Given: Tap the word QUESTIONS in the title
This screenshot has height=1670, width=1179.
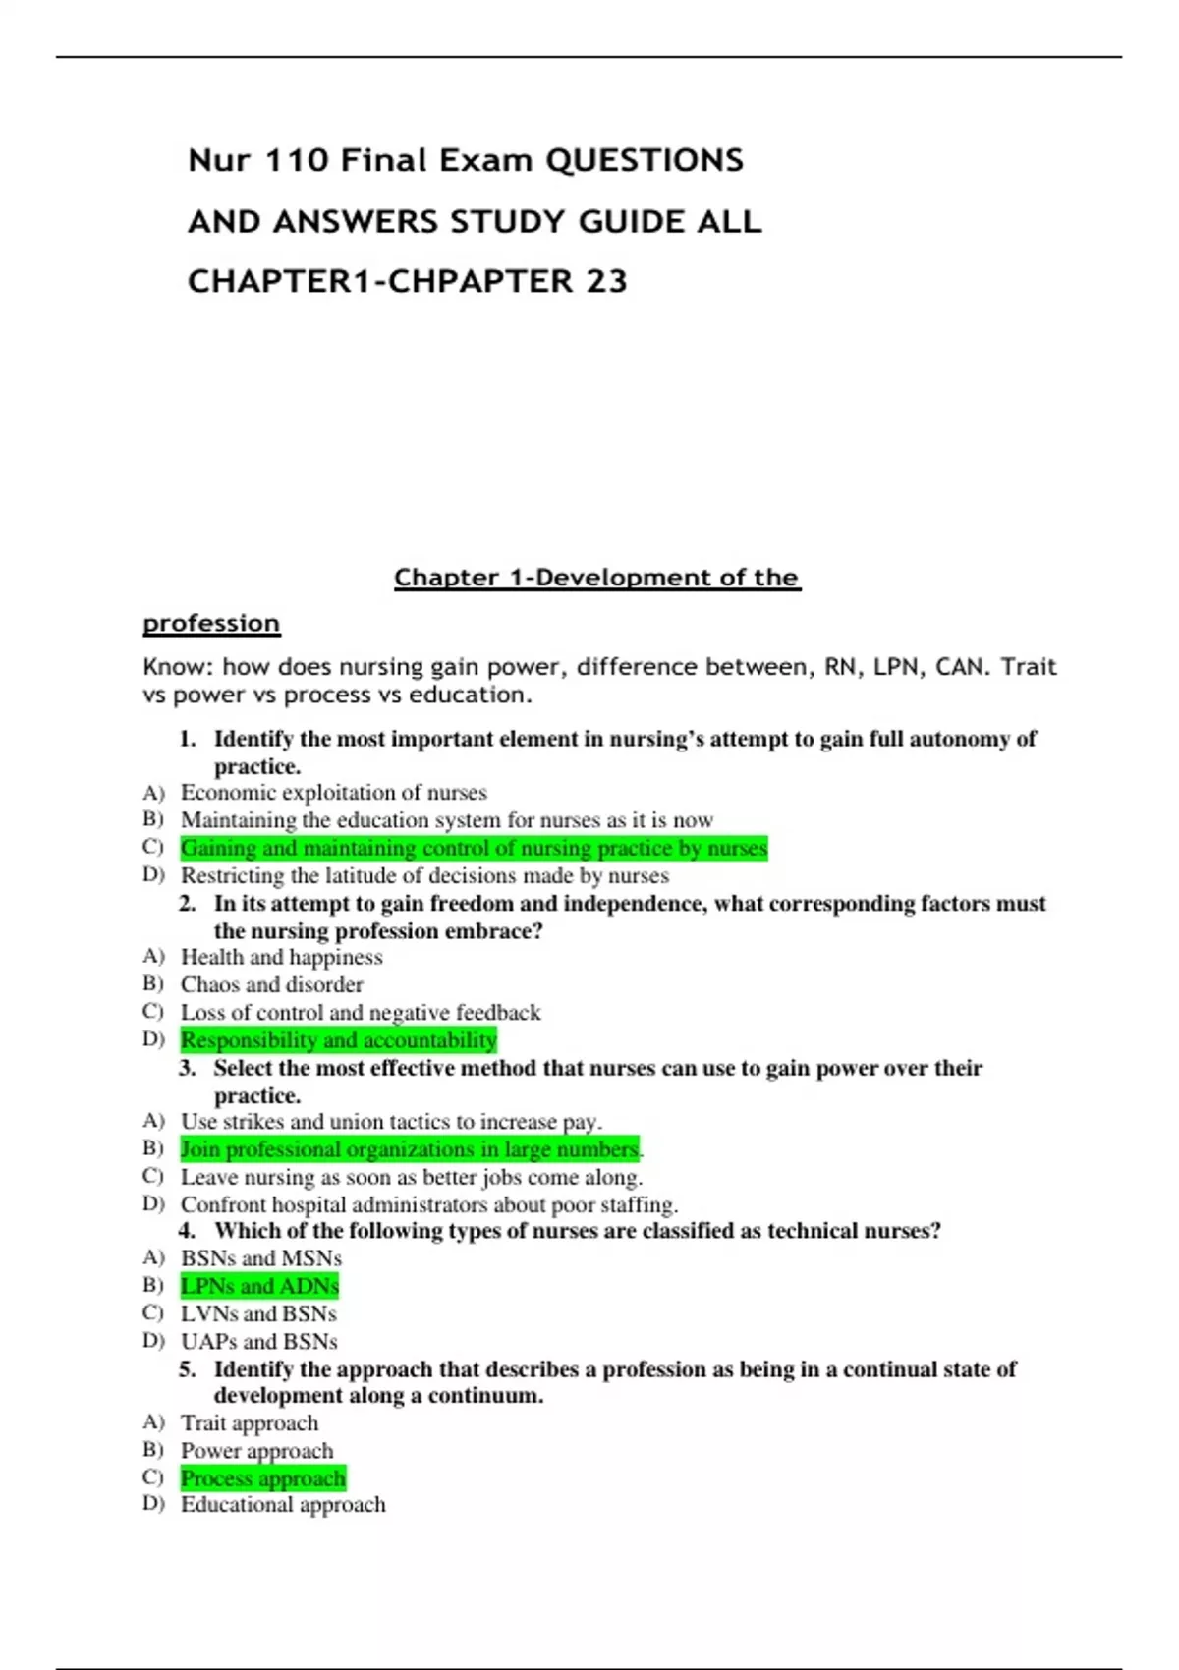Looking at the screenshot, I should [x=645, y=160].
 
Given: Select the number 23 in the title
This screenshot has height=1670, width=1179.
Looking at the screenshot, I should [x=606, y=282].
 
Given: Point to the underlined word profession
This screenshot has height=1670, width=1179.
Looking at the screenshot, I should [x=211, y=624].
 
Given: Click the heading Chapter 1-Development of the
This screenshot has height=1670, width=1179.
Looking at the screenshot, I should [x=597, y=578].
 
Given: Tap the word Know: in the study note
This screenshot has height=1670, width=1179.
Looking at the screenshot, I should [x=178, y=667].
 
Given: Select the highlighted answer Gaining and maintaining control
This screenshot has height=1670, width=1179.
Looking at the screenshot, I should [x=474, y=848].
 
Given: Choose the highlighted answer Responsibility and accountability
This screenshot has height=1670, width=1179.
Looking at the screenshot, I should [x=338, y=1040].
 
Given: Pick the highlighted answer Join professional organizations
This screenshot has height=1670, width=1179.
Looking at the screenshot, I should [x=409, y=1149].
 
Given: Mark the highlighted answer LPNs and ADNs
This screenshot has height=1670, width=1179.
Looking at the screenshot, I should [x=259, y=1286].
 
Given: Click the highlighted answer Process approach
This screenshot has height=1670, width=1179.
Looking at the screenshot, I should [x=262, y=1478].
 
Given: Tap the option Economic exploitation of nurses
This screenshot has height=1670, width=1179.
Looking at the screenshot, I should [x=333, y=793].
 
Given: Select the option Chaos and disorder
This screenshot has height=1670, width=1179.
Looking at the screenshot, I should [x=271, y=985].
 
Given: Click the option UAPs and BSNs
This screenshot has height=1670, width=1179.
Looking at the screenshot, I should [x=258, y=1342].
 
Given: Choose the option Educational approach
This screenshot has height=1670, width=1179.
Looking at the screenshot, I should [x=283, y=1505].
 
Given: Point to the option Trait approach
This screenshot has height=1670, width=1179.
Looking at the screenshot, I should [x=250, y=1423].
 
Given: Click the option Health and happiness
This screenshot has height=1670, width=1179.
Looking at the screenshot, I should [x=281, y=958].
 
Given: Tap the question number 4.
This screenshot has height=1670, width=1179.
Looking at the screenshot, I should [x=187, y=1231].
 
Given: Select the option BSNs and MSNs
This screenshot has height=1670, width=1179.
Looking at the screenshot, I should [x=260, y=1258].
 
